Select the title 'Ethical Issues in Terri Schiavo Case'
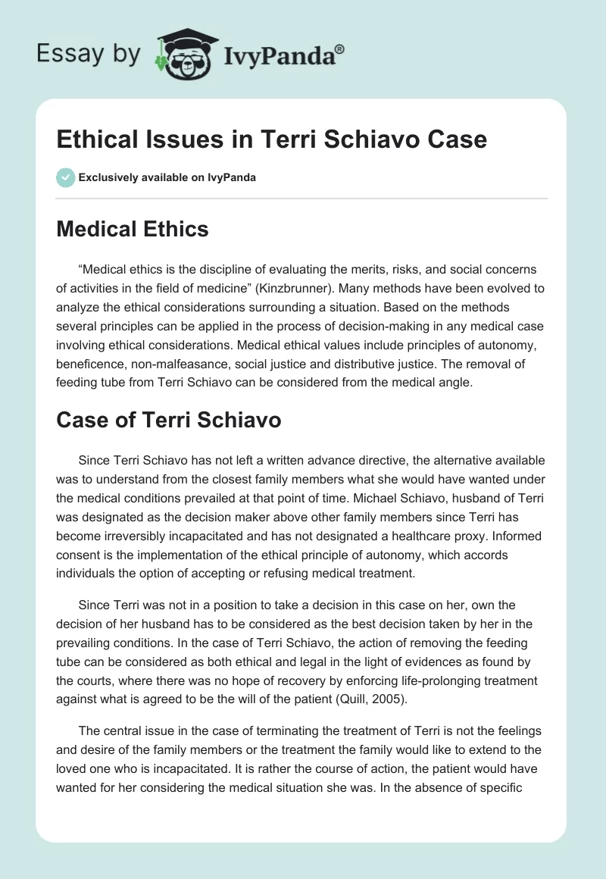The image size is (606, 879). pos(272,139)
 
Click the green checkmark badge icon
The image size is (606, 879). pos(65,177)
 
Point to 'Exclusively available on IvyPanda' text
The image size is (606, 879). pos(167,177)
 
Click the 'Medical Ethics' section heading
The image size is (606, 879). pos(133,229)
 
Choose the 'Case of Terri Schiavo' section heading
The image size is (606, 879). pos(169,421)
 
